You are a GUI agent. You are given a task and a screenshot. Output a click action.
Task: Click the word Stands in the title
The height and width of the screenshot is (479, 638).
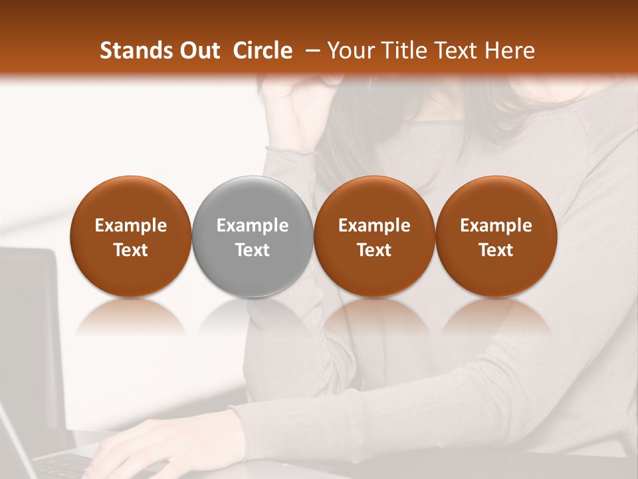pyautogui.click(x=134, y=51)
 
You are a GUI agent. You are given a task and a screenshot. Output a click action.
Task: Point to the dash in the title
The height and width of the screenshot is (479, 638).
pyautogui.click(x=310, y=51)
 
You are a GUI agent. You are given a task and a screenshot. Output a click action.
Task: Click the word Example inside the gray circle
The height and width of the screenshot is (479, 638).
pyautogui.click(x=252, y=226)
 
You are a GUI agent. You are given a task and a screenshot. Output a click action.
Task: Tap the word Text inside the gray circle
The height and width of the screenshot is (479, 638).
pyautogui.click(x=252, y=250)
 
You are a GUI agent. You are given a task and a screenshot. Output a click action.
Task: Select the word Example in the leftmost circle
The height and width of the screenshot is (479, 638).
pyautogui.click(x=130, y=226)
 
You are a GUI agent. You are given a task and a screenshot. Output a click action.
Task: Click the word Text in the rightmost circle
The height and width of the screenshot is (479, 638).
pyautogui.click(x=496, y=250)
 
